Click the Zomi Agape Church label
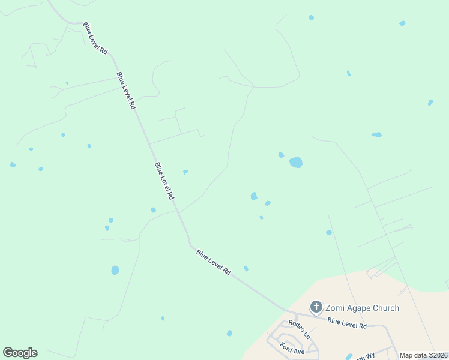click(362, 308)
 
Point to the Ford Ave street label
click(292, 348)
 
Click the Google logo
click(20, 353)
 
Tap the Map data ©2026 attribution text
click(423, 355)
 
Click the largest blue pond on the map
click(296, 162)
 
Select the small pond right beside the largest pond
click(281, 155)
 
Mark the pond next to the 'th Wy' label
click(349, 356)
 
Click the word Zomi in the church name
click(336, 308)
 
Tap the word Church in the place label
click(385, 308)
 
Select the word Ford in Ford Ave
click(287, 346)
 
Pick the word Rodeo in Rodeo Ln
click(295, 325)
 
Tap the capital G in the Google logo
click(8, 353)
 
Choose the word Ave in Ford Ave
click(299, 350)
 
